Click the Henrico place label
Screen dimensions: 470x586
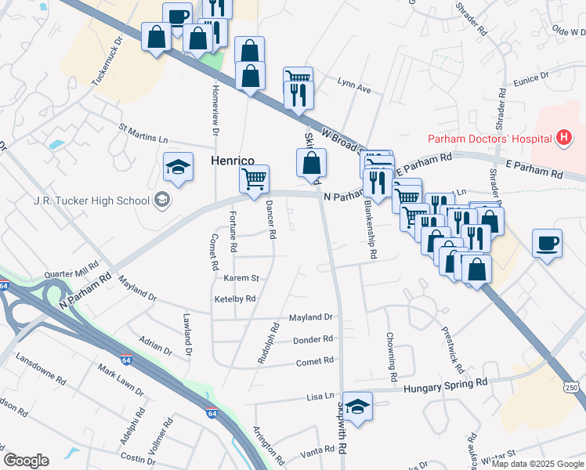tap(233, 161)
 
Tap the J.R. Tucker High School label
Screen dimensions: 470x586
tap(92, 201)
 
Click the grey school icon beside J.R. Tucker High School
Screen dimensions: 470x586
tap(162, 200)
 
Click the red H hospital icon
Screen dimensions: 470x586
tap(562, 139)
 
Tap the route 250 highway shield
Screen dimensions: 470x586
tap(572, 388)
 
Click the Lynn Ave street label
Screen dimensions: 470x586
tap(354, 89)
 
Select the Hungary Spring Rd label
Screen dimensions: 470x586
tap(445, 385)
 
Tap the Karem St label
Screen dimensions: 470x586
tap(242, 278)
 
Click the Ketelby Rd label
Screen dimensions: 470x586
tap(235, 298)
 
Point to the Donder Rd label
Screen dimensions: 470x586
tap(313, 339)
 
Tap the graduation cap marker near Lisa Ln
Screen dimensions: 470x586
tap(358, 407)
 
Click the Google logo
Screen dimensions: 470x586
tap(26, 461)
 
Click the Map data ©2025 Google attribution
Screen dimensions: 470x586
tap(537, 464)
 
